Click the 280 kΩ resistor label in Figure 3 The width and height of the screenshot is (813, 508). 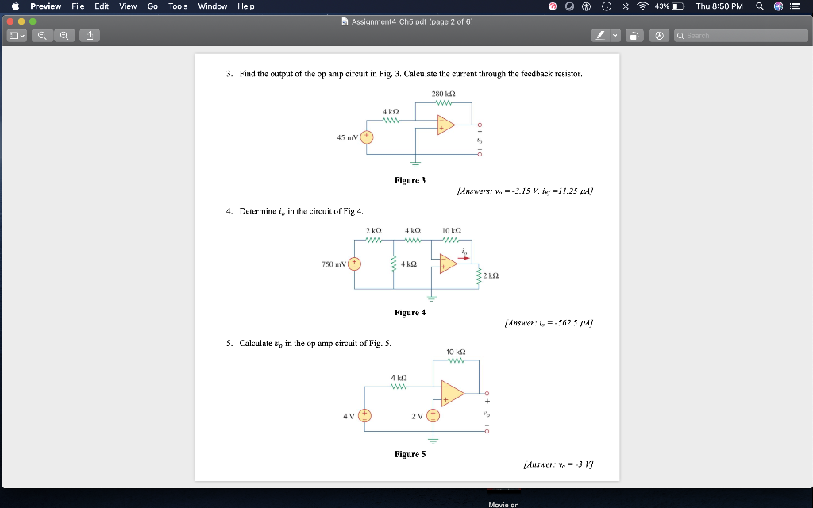(442, 94)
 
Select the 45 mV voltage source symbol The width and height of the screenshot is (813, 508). (367, 137)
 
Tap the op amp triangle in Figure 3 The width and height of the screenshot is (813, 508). (445, 125)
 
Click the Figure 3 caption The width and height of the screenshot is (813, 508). (410, 180)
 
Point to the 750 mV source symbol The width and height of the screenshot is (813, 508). (354, 264)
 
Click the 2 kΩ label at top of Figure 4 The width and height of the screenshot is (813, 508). (374, 230)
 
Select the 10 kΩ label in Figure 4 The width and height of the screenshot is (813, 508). (451, 230)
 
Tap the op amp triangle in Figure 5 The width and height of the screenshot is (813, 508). (452, 393)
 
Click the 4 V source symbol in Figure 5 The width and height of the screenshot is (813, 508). (364, 415)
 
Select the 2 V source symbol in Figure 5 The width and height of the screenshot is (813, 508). (433, 415)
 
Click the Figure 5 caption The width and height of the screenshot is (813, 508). (410, 454)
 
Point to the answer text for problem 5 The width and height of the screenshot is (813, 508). (558, 465)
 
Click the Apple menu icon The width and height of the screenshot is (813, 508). (15, 6)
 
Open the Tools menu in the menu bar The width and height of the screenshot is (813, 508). (178, 6)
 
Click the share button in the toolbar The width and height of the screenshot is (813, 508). (90, 36)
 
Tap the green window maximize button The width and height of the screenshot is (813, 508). (33, 21)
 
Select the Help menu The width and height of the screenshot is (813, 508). (246, 6)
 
